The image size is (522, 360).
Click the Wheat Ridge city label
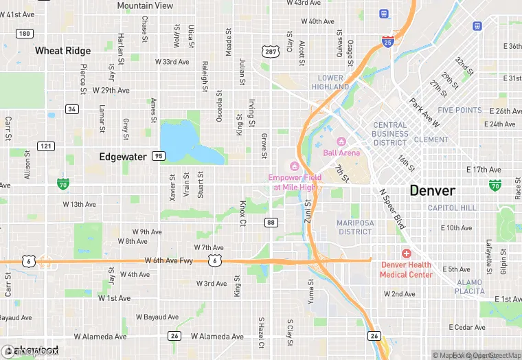(x=63, y=51)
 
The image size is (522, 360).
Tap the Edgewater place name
(x=122, y=157)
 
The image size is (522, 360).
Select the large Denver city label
(x=432, y=190)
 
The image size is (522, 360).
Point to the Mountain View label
(x=145, y=5)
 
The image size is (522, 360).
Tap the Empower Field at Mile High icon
(x=294, y=166)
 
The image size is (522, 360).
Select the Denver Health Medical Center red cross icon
(x=406, y=254)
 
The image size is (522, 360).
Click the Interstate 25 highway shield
(x=388, y=41)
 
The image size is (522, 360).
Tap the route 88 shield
(x=271, y=222)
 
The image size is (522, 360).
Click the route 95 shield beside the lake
(x=159, y=156)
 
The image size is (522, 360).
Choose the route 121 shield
(x=46, y=146)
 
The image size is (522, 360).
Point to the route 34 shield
(x=72, y=109)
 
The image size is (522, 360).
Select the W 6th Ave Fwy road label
(x=168, y=260)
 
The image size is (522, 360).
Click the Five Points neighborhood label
(x=459, y=110)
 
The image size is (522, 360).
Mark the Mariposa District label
(x=354, y=227)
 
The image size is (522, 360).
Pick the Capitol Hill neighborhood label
(x=451, y=207)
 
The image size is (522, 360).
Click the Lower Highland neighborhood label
(x=330, y=82)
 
